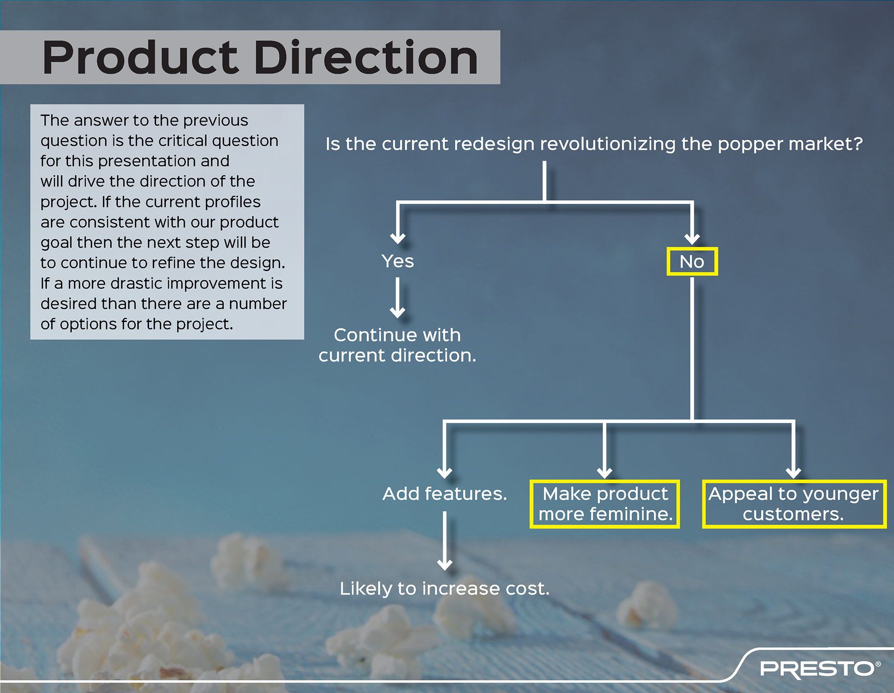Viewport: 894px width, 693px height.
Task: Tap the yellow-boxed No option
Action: tap(692, 262)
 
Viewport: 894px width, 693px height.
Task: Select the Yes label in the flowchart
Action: tap(398, 261)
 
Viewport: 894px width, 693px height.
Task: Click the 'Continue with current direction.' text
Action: tap(398, 345)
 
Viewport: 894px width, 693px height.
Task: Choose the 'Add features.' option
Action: tap(445, 494)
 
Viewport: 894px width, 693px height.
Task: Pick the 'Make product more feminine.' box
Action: tap(605, 504)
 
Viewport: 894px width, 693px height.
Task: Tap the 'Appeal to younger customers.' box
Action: tap(793, 504)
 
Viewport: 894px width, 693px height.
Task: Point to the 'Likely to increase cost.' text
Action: tap(445, 589)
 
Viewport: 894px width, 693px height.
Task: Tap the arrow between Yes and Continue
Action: tap(398, 298)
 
